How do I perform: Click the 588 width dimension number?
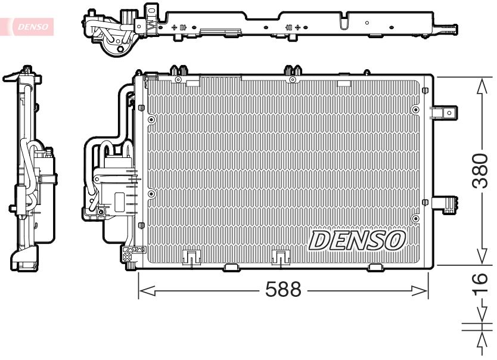(283, 289)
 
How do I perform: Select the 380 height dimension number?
(480, 171)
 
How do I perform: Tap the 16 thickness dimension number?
(480, 284)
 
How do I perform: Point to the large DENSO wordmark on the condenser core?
(357, 240)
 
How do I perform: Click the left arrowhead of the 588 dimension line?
(147, 290)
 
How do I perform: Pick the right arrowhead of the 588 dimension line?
(420, 290)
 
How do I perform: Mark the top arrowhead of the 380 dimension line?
(482, 86)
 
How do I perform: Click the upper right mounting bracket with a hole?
(444, 113)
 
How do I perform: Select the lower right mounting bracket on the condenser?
(445, 204)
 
